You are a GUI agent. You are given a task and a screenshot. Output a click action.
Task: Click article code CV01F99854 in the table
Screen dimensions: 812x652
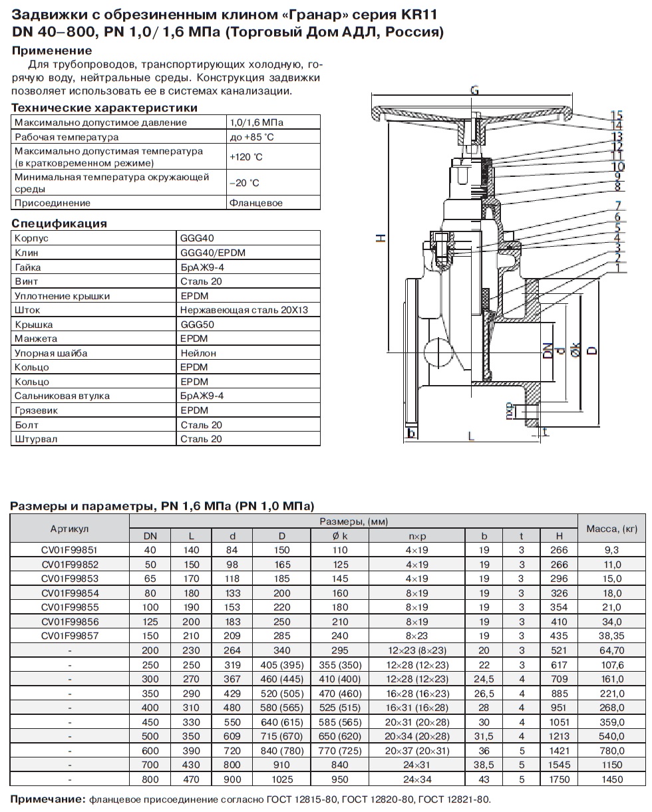(x=69, y=593)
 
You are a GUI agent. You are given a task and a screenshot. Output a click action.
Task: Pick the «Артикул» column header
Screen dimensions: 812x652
(x=69, y=529)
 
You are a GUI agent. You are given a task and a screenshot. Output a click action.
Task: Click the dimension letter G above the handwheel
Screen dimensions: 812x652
(x=474, y=90)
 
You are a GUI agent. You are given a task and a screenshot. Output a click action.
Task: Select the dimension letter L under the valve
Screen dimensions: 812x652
(x=470, y=436)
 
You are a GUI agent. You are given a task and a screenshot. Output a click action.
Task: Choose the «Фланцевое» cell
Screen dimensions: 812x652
(x=255, y=203)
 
